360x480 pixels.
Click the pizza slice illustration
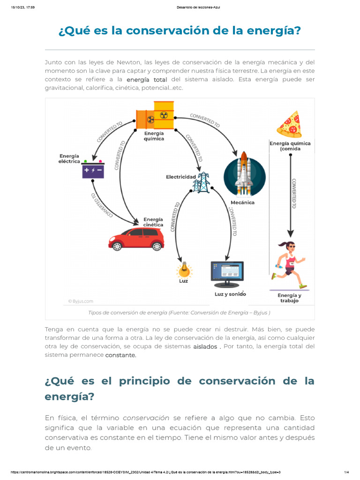tap(289, 124)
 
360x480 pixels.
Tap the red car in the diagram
tap(136, 239)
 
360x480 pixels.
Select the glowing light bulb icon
tap(184, 270)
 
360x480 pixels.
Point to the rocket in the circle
tap(244, 173)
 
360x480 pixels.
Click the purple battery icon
tap(93, 170)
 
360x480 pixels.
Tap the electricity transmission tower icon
tap(202, 182)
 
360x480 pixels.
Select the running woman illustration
tap(288, 264)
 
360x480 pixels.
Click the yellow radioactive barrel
tap(164, 115)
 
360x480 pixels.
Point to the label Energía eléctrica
tap(69, 158)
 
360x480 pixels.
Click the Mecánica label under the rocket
tap(242, 202)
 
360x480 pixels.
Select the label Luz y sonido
tap(230, 294)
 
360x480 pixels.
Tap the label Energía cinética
tap(153, 222)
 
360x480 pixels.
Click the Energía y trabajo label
tap(289, 298)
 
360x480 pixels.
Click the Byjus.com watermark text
tap(81, 301)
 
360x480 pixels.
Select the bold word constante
tap(120, 355)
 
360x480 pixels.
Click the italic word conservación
tap(146, 418)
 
